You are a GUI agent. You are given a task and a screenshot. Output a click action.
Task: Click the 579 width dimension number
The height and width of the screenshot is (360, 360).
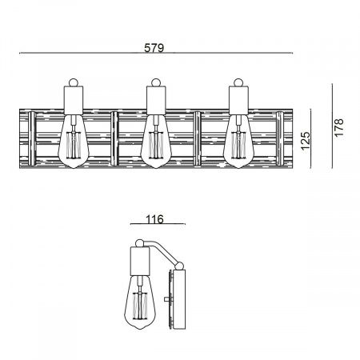(x=154, y=48)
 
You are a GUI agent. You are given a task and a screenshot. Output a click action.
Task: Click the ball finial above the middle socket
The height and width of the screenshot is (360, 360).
(x=154, y=82)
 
